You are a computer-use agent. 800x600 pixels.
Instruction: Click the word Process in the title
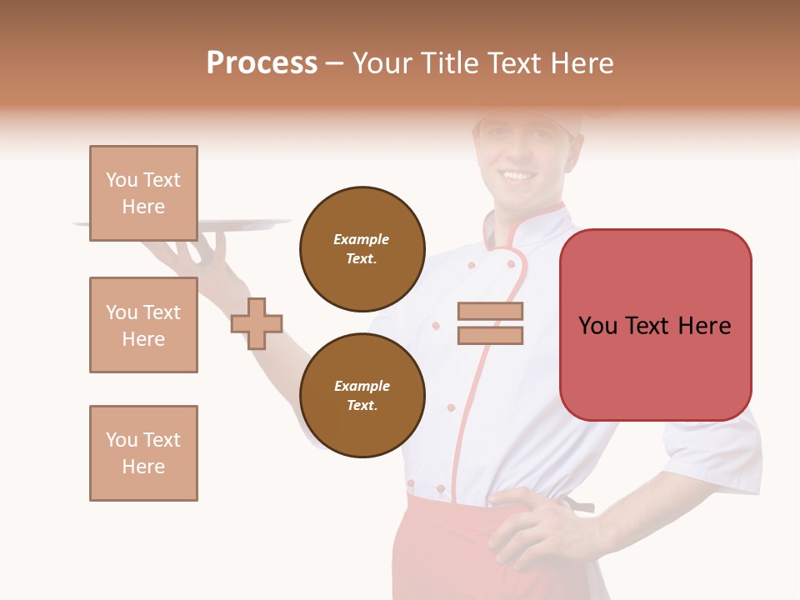(x=262, y=63)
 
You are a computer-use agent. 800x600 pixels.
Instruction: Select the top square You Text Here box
(x=143, y=193)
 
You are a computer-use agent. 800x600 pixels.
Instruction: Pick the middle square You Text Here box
(x=143, y=325)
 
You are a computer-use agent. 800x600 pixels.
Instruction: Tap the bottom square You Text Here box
(x=143, y=453)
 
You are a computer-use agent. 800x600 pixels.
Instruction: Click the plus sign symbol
(x=257, y=323)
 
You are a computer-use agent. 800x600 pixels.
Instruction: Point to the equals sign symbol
(x=490, y=323)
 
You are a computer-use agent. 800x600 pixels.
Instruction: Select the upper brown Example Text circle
(x=362, y=248)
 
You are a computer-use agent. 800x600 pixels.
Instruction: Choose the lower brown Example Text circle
(x=362, y=395)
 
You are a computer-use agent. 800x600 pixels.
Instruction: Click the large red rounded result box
(x=655, y=325)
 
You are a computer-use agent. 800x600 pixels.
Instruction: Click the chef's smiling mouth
(x=517, y=176)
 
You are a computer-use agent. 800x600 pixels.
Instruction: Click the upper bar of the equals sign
(x=490, y=312)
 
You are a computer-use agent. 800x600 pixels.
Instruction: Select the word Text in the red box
(x=648, y=325)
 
